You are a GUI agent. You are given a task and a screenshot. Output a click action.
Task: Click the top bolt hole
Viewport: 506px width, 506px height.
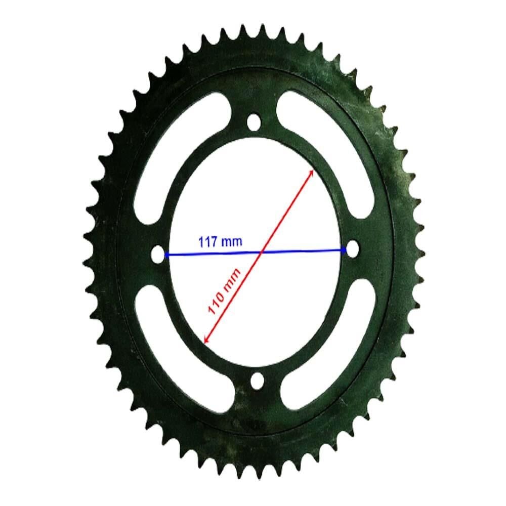point(253,123)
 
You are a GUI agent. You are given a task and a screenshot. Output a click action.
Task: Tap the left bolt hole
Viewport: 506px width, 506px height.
point(159,255)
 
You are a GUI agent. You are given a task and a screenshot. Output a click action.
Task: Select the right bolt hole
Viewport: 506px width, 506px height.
point(351,248)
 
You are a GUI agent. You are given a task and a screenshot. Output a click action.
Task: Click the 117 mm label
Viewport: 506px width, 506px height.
point(220,241)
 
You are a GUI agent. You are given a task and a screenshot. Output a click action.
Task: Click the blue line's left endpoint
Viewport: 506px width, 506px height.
point(167,255)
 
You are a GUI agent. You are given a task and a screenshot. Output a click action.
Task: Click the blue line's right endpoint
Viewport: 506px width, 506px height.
point(345,249)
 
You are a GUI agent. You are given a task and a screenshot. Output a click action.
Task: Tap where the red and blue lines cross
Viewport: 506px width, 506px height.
point(261,251)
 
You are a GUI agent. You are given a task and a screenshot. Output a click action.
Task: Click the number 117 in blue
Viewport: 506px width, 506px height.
point(209,241)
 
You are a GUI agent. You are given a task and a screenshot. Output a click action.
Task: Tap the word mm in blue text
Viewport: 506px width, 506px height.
point(233,242)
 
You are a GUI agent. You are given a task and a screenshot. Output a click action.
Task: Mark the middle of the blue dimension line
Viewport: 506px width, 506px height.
point(256,252)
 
